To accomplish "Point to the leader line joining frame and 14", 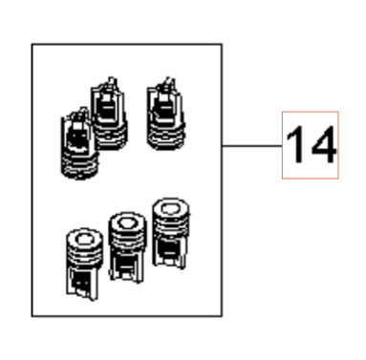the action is point(252,146).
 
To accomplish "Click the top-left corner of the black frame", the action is point(32,44).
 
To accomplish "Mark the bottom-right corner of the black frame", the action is point(222,316).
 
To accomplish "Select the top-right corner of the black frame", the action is point(222,44).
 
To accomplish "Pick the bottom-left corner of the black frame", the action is point(32,316).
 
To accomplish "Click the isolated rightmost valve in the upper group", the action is point(166,114).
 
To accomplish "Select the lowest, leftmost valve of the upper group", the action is point(79,143).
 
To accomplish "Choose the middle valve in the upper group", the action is point(109,113).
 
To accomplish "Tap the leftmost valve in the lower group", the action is point(84,265).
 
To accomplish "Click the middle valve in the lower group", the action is point(127,247).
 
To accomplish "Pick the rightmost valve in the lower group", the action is point(170,233).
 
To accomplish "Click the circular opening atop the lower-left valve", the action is point(85,239).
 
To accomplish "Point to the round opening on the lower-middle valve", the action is point(127,222).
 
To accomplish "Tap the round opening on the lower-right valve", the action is point(171,209).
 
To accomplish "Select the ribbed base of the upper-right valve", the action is point(166,138).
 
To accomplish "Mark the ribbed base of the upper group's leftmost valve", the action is point(79,165).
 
